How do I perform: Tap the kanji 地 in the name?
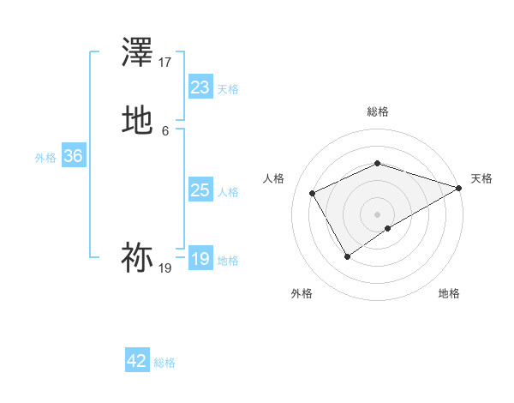pos(137,121)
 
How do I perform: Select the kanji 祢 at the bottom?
pos(137,258)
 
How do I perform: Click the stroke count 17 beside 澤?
pos(165,63)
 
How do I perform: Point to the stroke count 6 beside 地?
pos(165,130)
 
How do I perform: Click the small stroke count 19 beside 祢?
pos(165,268)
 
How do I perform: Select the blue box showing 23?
pos(200,87)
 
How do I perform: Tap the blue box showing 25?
pos(200,190)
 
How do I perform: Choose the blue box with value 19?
pos(200,259)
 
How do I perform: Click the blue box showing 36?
pos(74,157)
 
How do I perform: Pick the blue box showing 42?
pos(137,361)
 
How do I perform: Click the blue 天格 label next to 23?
pos(228,89)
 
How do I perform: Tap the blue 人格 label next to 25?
pos(228,192)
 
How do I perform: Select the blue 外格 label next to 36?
pos(45,158)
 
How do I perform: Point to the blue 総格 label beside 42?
pos(164,363)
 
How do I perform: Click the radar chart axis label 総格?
pos(378,111)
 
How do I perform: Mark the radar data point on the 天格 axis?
pos(460,188)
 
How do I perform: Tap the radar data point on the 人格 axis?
pos(312,193)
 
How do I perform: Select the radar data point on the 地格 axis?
pos(388,228)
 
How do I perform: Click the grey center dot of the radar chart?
pos(378,214)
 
